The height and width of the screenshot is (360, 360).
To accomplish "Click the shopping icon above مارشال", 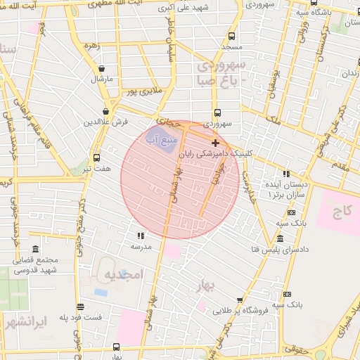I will tap(103, 69).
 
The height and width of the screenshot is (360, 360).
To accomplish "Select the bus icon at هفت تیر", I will tap(96, 157).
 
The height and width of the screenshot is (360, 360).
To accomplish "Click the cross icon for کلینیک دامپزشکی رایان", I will tap(215, 143).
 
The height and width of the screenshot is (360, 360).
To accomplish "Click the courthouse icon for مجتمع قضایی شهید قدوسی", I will tap(35, 250).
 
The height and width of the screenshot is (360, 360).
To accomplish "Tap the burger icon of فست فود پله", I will tap(81, 307).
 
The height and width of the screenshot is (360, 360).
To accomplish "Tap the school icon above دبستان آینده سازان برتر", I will tap(285, 173).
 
